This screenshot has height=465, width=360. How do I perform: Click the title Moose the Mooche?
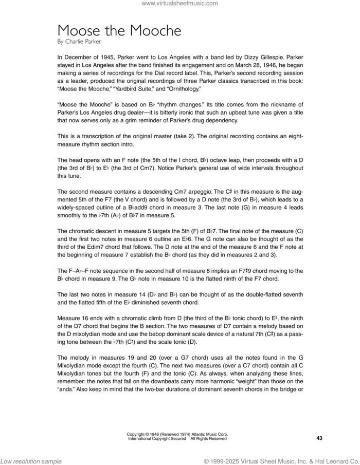pos(119,30)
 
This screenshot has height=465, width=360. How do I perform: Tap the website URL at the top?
pos(179,4)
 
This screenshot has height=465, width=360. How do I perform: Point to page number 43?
pos(319,438)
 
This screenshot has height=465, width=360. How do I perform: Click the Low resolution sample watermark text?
pos(31,461)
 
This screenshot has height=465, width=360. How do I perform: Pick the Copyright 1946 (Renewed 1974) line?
pos(177,435)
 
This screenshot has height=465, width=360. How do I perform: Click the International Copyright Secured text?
pos(156,439)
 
